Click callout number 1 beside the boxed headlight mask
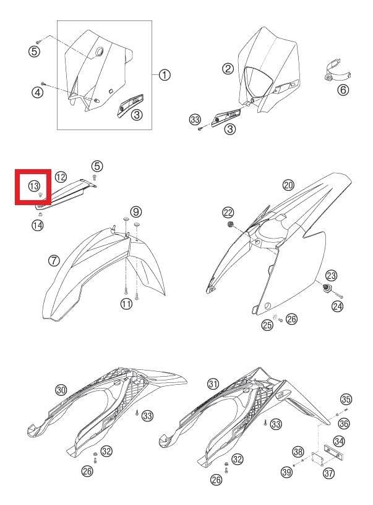point(165,75)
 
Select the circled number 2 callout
point(228,69)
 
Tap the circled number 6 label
point(343,89)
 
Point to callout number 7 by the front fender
point(54,260)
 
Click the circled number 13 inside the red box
point(34,186)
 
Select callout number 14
point(37,225)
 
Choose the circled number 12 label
point(61,177)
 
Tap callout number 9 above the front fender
point(136,211)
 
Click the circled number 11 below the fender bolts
point(126,304)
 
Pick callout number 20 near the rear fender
point(288,185)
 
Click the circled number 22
point(228,213)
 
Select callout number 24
point(337,306)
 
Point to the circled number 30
point(61,390)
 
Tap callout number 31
point(213,384)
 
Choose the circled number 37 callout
point(328,473)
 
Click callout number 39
point(287,472)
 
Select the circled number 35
point(346,400)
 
